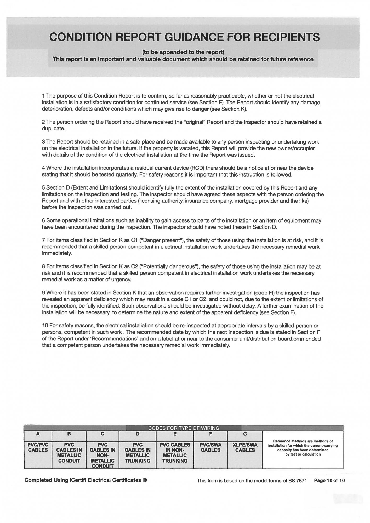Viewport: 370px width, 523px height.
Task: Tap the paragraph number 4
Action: coord(43,168)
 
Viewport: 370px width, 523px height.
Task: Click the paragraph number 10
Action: coord(45,326)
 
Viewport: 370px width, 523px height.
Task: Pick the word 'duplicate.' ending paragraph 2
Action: coord(53,129)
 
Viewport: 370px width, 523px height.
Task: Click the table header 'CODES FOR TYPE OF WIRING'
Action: coord(184,428)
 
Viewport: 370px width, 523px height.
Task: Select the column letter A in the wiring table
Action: coord(38,434)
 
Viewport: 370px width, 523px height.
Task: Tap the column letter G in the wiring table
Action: coord(245,434)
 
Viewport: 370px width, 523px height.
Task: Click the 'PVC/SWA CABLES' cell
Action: coord(210,447)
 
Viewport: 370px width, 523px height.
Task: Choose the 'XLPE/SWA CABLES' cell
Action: coord(245,447)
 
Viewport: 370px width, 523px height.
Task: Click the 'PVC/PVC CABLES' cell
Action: coord(38,447)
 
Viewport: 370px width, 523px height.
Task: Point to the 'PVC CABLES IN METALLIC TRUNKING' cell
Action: coord(138,452)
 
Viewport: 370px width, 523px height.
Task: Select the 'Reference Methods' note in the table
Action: coord(303,448)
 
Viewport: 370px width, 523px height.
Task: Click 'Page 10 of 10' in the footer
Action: coord(329,480)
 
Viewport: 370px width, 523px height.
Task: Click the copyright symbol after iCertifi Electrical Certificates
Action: coord(145,480)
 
